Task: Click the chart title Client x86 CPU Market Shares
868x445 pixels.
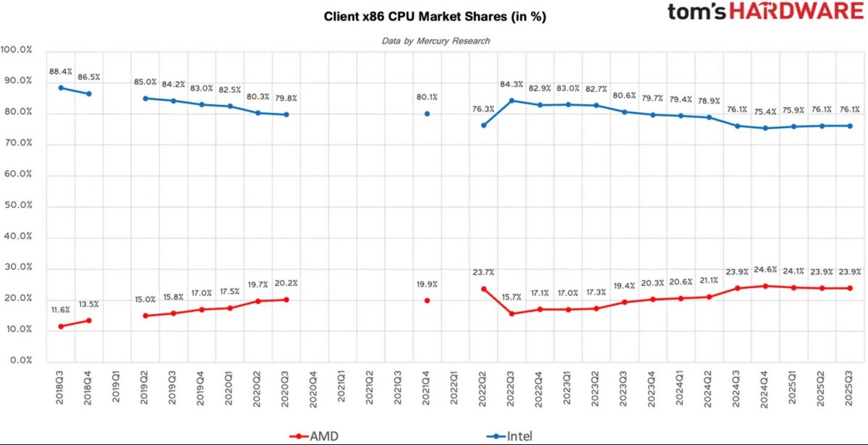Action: point(434,17)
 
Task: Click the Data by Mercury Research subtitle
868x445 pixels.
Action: point(435,41)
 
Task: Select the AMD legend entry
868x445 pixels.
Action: point(318,436)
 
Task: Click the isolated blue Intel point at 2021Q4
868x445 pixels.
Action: point(427,114)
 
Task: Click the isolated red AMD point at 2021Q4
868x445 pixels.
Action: point(427,300)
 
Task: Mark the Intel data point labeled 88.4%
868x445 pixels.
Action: point(61,88)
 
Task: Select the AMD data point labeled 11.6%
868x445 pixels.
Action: point(61,326)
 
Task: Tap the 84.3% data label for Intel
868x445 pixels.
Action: point(511,85)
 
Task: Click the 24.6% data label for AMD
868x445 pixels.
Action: point(765,270)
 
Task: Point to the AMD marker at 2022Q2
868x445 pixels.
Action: point(483,289)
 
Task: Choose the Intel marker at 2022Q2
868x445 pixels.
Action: point(483,125)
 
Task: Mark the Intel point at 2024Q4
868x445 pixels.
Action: point(765,128)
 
